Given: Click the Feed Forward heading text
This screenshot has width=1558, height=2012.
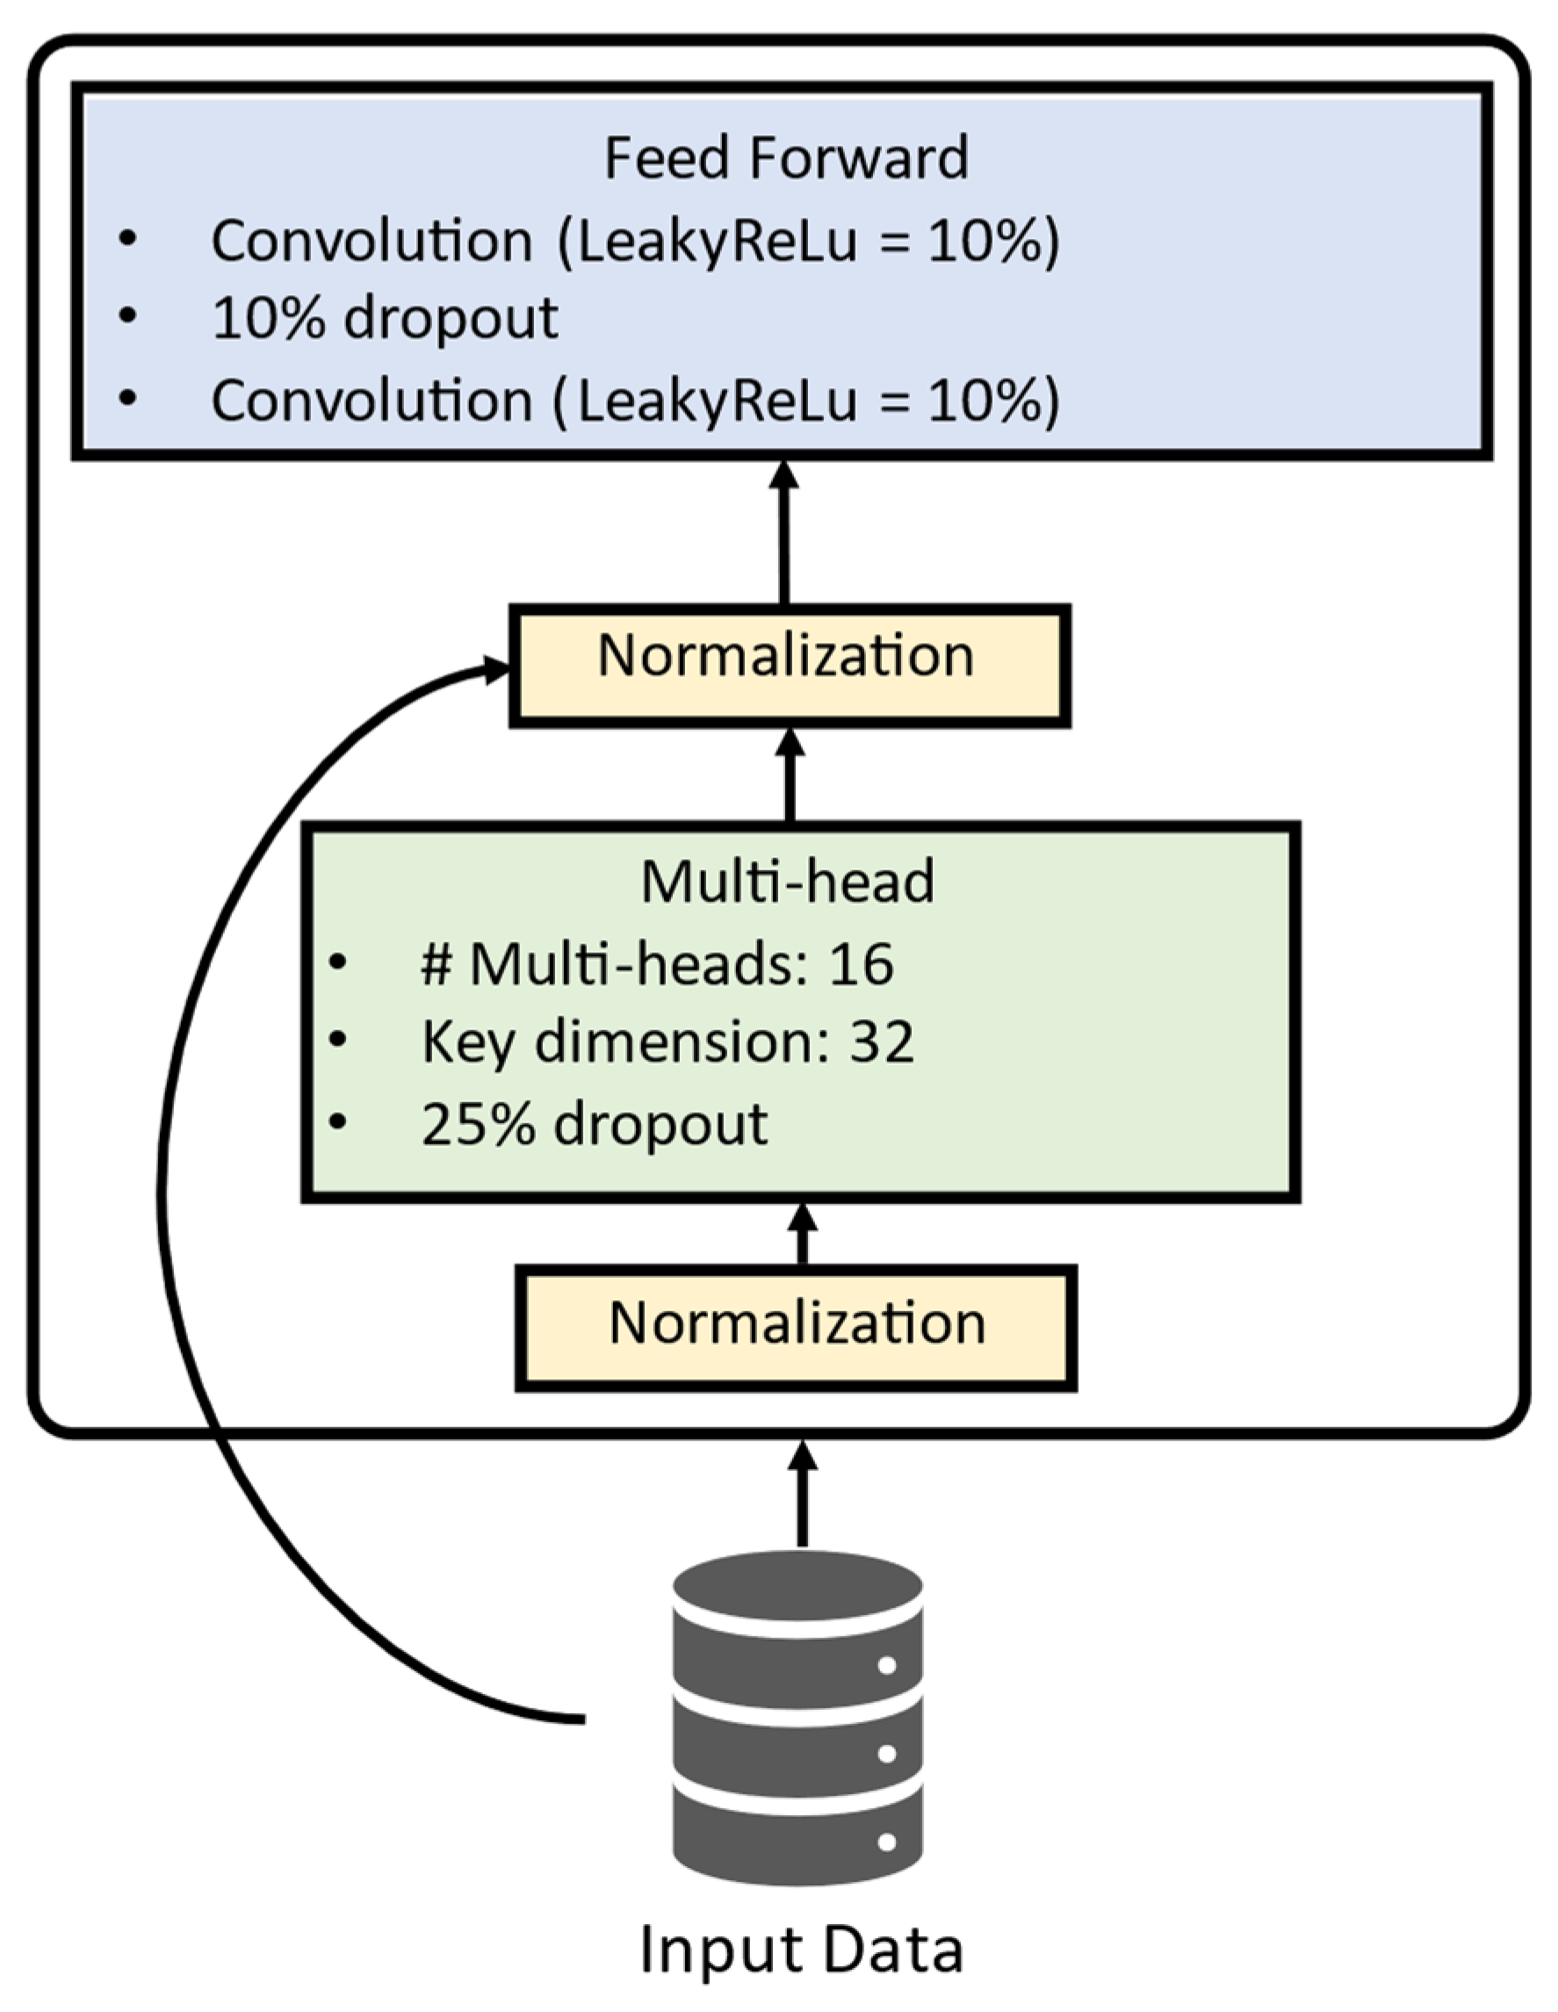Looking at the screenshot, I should pyautogui.click(x=786, y=157).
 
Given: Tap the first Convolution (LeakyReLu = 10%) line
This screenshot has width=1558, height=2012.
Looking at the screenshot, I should pyautogui.click(x=636, y=242).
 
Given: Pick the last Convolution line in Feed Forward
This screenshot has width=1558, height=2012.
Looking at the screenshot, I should pyautogui.click(x=636, y=400).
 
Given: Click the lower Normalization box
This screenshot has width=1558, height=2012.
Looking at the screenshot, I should pyautogui.click(x=796, y=1328).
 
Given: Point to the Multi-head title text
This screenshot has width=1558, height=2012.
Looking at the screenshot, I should pyautogui.click(x=788, y=882).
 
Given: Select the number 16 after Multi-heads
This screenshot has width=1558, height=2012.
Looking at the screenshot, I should pyautogui.click(x=861, y=964).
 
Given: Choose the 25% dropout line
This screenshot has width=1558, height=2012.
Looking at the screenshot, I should pyautogui.click(x=595, y=1125).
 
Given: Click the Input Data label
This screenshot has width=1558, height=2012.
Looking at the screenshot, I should pyautogui.click(x=801, y=1950).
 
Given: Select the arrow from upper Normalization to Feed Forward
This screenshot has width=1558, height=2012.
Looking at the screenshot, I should pyautogui.click(x=784, y=534).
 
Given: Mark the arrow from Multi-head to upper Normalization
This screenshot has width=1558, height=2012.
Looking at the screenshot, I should pyautogui.click(x=790, y=775).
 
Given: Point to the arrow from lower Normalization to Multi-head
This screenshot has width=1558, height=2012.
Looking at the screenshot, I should pyautogui.click(x=802, y=1235).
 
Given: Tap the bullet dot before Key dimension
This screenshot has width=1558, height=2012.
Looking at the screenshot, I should pyautogui.click(x=338, y=1039).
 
